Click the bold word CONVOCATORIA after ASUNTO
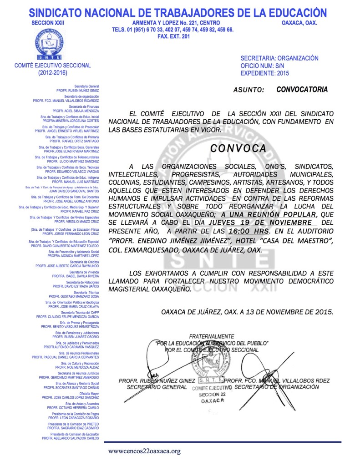[x=302, y=89]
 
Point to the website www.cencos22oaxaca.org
[x=144, y=451]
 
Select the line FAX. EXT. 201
[x=172, y=36]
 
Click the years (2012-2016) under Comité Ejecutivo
[x=52, y=72]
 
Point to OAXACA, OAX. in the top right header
[x=299, y=23]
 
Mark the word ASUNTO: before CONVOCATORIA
[x=248, y=90]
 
